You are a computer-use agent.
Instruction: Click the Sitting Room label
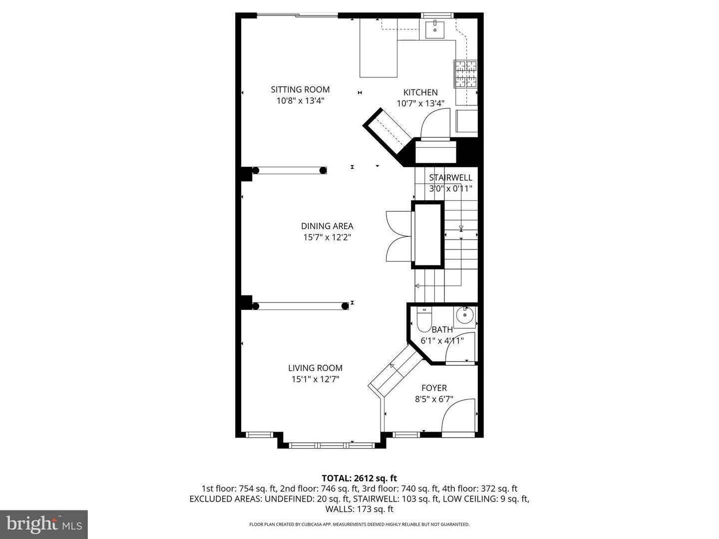[x=300, y=90]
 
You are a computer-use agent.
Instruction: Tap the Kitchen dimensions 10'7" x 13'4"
[x=420, y=104]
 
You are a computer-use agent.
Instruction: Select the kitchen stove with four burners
[x=465, y=74]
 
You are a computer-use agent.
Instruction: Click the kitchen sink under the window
[x=435, y=29]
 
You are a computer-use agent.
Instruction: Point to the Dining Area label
[x=327, y=226]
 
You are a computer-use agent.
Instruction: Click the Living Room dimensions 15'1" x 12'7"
[x=315, y=379]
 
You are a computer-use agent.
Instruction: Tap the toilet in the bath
[x=424, y=320]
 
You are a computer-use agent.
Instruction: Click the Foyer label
[x=434, y=388]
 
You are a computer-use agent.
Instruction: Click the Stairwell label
[x=450, y=178]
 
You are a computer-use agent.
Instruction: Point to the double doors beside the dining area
[x=398, y=236]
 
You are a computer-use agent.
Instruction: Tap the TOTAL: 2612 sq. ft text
[x=359, y=478]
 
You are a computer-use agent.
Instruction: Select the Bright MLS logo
[x=44, y=524]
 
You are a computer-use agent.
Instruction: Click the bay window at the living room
[x=332, y=444]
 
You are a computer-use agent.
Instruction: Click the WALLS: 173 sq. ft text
[x=359, y=509]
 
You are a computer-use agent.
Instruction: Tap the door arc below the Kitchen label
[x=434, y=124]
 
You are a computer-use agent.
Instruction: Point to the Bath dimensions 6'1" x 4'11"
[x=442, y=341]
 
